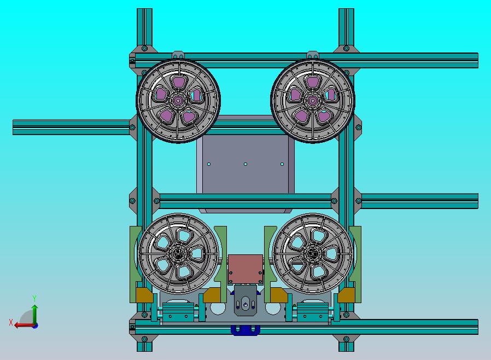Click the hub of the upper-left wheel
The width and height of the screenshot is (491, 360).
pyautogui.click(x=178, y=101)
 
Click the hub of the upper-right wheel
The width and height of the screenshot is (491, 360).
pyautogui.click(x=313, y=101)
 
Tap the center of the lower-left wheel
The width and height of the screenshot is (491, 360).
pyautogui.click(x=178, y=254)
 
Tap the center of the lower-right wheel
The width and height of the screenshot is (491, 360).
pyautogui.click(x=313, y=254)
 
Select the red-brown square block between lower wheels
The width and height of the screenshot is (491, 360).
pyautogui.click(x=245, y=269)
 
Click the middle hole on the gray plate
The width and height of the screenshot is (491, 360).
pyautogui.click(x=245, y=164)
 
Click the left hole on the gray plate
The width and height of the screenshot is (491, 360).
pyautogui.click(x=209, y=164)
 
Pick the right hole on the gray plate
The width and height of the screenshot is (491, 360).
pyautogui.click(x=282, y=164)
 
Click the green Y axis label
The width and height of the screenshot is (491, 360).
pyautogui.click(x=34, y=298)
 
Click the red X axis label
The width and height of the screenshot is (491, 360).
pyautogui.click(x=11, y=322)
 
